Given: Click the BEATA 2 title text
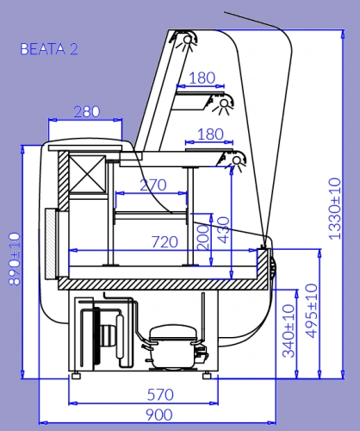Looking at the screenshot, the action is [49, 49].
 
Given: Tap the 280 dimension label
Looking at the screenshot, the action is [87, 112].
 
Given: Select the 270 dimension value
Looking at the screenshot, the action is [153, 185].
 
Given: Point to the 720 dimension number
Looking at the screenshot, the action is [164, 242].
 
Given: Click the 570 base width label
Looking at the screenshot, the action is [160, 395].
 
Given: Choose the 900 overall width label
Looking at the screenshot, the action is [159, 415].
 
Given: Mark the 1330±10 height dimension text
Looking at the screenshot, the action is [334, 209].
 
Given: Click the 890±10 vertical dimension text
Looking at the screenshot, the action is [15, 259].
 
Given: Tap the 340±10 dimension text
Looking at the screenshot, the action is [289, 331].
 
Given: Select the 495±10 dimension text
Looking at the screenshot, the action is [311, 310].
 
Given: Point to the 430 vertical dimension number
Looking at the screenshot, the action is [224, 230].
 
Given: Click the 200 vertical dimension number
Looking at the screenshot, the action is [202, 237].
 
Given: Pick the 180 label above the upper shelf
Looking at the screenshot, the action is [202, 78].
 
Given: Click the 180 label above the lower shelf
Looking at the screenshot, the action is [210, 134].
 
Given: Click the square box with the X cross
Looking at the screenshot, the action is [87, 173].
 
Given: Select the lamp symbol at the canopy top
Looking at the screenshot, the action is [186, 41].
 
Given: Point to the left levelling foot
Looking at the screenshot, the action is [76, 375].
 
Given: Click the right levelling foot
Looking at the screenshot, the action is [207, 375].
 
